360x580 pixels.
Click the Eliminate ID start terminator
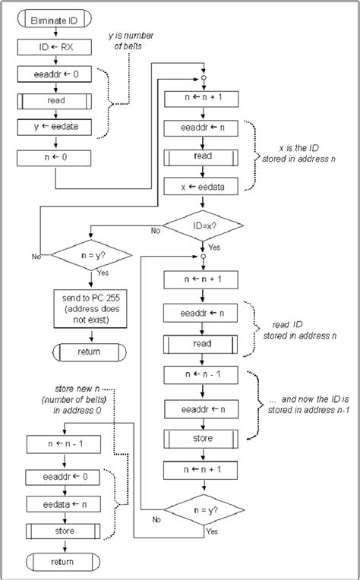point(54,22)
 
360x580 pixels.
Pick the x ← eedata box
point(202,185)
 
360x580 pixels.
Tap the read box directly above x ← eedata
point(202,156)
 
